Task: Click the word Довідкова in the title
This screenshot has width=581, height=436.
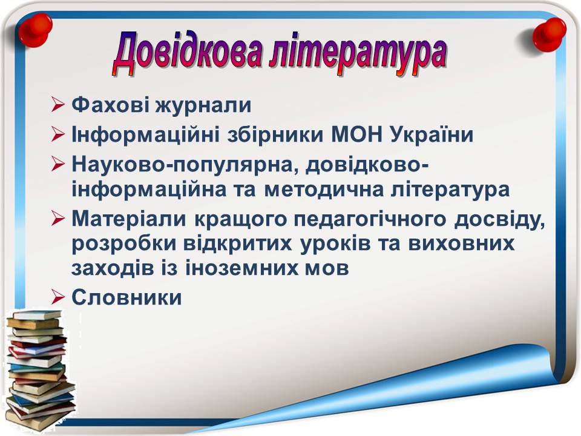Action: click(187, 54)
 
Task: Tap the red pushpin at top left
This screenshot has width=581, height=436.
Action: click(36, 30)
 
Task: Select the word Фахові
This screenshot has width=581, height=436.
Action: click(110, 105)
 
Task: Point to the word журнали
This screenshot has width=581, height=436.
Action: click(203, 105)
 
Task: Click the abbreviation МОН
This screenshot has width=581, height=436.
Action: click(356, 134)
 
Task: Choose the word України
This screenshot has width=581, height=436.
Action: click(432, 134)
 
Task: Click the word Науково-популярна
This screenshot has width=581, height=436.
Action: click(185, 164)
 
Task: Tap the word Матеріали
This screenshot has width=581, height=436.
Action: click(128, 219)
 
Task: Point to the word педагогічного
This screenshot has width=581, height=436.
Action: click(370, 219)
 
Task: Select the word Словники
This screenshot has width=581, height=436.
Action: click(126, 297)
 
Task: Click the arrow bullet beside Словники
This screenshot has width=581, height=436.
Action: click(58, 297)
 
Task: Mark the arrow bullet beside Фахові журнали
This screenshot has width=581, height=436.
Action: click(58, 105)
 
